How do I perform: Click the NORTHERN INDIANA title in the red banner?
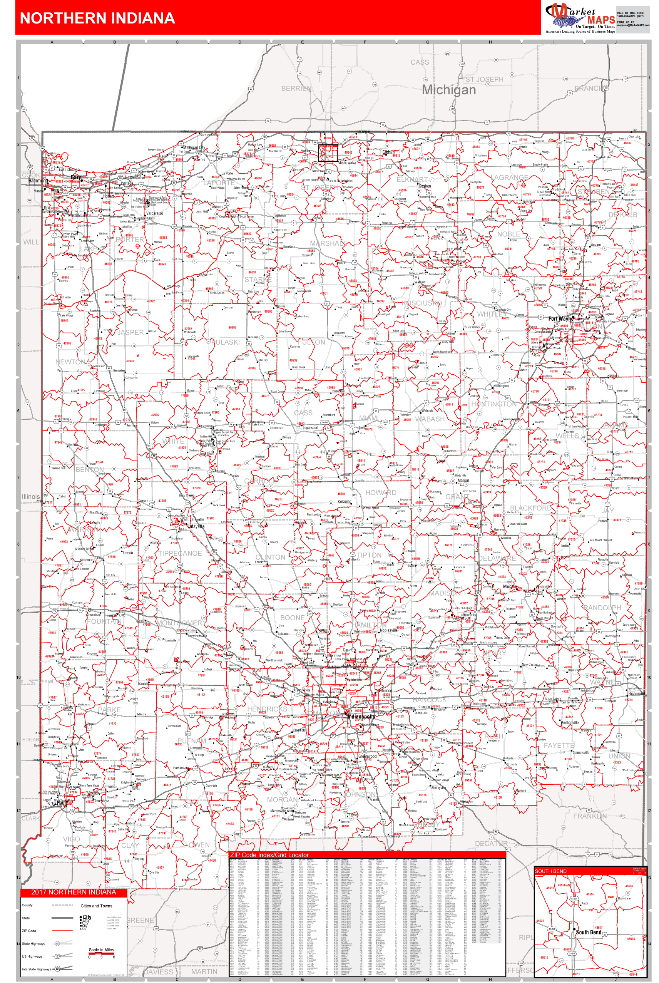click(x=97, y=18)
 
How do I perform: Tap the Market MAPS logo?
click(x=580, y=18)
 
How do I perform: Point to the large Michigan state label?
click(x=448, y=89)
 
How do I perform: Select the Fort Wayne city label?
click(x=561, y=318)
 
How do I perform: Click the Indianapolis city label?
click(x=361, y=717)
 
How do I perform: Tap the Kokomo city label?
click(x=344, y=501)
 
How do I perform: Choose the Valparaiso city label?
click(x=155, y=213)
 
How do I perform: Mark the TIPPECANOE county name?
click(x=180, y=553)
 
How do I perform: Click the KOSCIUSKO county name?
click(x=421, y=303)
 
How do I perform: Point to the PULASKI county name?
click(x=225, y=342)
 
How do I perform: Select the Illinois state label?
click(x=31, y=496)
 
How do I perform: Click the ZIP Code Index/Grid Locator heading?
click(x=269, y=855)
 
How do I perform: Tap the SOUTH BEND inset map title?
click(x=550, y=871)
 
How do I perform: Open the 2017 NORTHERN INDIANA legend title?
click(x=74, y=892)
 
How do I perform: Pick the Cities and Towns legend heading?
click(x=96, y=906)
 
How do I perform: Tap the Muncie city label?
click(x=509, y=586)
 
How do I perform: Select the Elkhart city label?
click(x=389, y=152)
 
